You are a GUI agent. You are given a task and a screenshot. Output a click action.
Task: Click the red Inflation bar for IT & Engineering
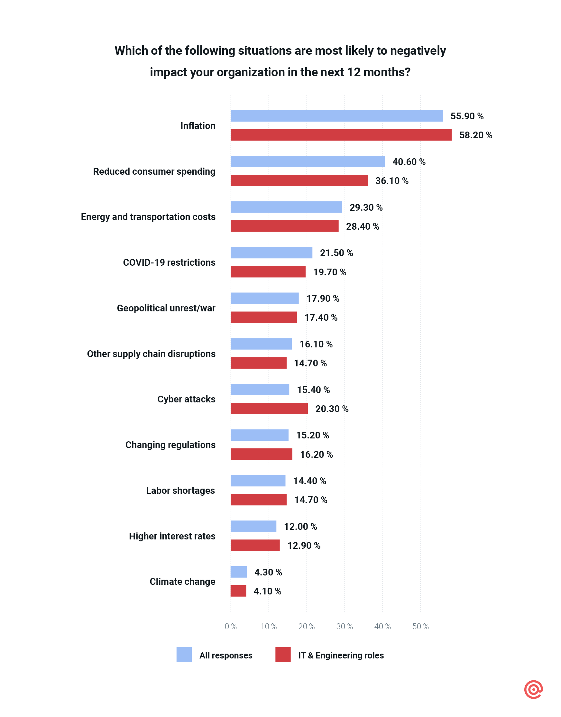click(x=341, y=135)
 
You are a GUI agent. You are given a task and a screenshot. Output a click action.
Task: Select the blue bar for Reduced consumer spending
click(x=308, y=161)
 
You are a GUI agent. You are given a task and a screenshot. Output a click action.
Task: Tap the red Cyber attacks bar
click(x=269, y=409)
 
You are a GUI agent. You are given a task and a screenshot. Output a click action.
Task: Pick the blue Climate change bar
click(x=239, y=572)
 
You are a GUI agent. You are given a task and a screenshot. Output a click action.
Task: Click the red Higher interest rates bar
click(x=255, y=545)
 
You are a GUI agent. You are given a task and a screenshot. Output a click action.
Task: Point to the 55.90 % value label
click(x=467, y=116)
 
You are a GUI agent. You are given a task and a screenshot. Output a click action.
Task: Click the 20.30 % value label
click(x=332, y=409)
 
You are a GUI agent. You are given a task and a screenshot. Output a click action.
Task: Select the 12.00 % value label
click(x=300, y=527)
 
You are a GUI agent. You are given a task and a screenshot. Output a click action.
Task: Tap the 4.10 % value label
click(x=267, y=591)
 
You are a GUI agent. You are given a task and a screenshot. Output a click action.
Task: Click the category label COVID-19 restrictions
click(x=169, y=262)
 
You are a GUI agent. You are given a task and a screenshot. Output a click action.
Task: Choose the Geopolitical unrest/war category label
click(x=166, y=308)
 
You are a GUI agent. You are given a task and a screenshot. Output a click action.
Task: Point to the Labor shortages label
click(x=180, y=490)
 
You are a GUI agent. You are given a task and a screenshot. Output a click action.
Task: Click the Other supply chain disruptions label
click(x=151, y=354)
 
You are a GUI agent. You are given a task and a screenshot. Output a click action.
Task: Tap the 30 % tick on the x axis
click(x=344, y=626)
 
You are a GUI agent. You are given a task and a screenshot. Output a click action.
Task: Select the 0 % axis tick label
click(x=231, y=626)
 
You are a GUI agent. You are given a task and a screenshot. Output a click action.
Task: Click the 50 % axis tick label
click(x=420, y=626)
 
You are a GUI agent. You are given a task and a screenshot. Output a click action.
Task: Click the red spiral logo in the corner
click(x=533, y=689)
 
